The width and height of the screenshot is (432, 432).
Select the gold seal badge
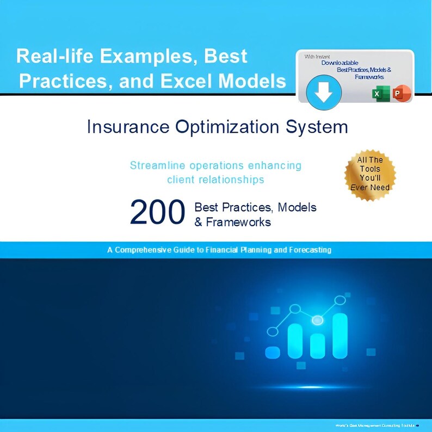(371, 174)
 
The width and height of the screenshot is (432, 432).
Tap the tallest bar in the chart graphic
(340, 336)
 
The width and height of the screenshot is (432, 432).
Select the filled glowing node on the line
(317, 322)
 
